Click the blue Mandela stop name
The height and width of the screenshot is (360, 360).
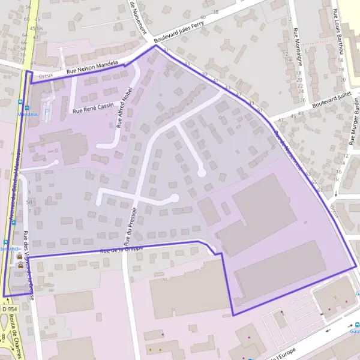27,112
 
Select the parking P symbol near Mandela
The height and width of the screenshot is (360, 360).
47,111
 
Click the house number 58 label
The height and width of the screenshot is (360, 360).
29,202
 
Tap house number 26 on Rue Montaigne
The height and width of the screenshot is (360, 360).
302,100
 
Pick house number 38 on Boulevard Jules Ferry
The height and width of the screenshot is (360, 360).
215,11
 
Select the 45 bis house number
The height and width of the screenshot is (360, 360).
37,28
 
